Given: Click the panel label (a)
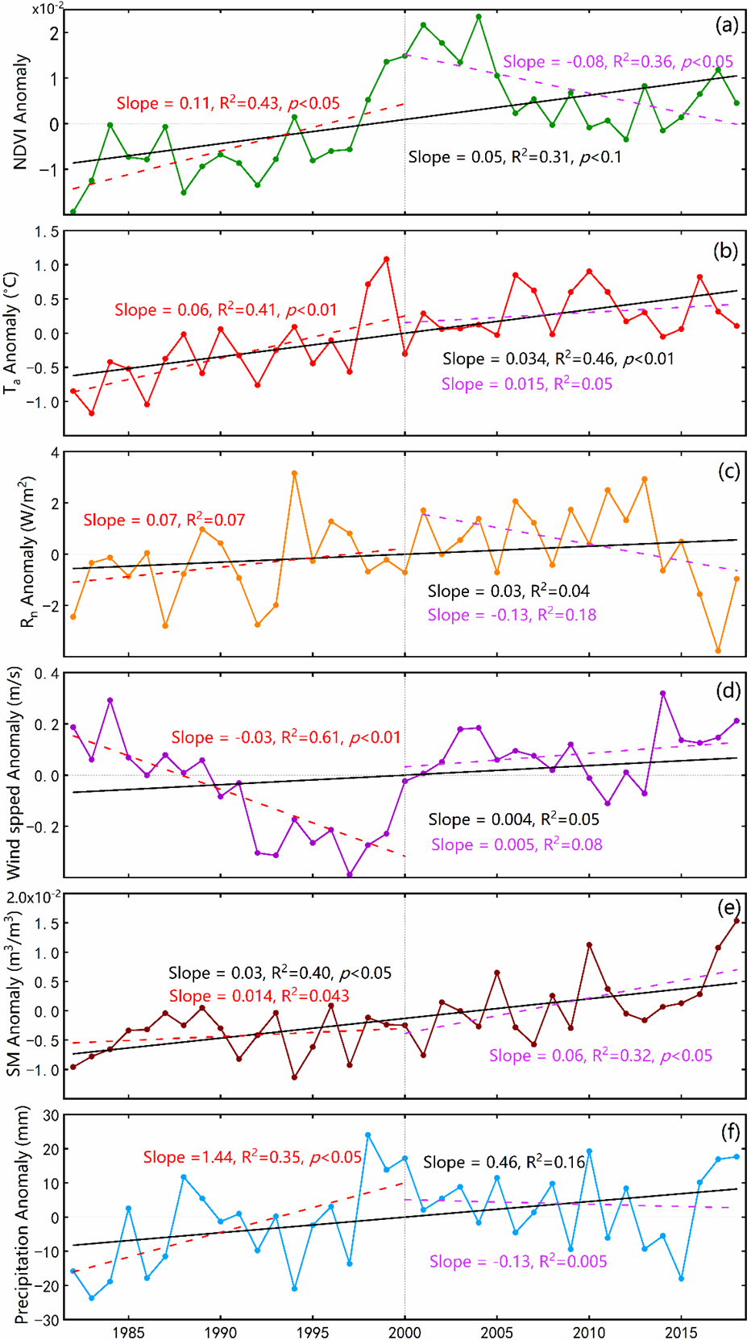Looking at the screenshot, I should [x=726, y=25].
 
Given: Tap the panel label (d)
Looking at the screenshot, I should [x=727, y=691].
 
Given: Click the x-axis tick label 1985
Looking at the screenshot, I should [x=129, y=1332].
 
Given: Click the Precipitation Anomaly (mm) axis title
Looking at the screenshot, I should [x=22, y=1216].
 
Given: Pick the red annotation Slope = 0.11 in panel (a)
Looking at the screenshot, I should [x=228, y=103].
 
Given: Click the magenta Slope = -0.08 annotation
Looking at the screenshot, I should [x=618, y=62].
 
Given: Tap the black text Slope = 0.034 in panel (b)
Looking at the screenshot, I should [x=558, y=359].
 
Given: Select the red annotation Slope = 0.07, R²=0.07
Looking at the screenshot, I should [x=164, y=520].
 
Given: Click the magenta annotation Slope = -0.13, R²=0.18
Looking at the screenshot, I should [x=512, y=615].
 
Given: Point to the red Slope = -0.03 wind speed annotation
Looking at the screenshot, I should [x=286, y=737].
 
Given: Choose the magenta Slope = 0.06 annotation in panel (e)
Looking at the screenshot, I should [x=600, y=1056].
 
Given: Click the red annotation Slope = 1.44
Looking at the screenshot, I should [x=252, y=1157].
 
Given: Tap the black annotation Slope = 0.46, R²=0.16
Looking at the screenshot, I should [x=504, y=1162].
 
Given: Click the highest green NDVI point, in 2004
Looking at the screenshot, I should [x=479, y=16].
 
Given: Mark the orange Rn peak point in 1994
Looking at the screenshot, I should [x=294, y=473].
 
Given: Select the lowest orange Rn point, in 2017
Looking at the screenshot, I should [x=718, y=650].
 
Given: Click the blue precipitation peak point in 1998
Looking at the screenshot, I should [x=368, y=1135].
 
